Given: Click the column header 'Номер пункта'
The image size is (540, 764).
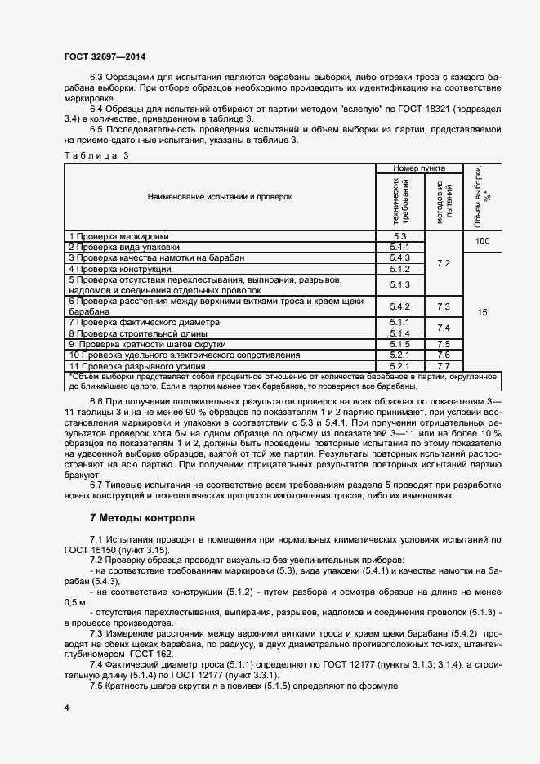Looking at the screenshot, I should [x=419, y=168].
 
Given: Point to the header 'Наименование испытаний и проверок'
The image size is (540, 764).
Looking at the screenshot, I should [x=220, y=197].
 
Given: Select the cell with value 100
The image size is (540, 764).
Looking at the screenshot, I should [x=482, y=242].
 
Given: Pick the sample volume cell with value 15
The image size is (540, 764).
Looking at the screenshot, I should [x=482, y=312].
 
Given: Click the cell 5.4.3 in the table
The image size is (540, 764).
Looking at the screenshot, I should [x=399, y=257].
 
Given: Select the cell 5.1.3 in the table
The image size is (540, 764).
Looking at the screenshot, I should [x=399, y=284].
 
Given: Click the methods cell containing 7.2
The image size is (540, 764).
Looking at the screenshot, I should [x=444, y=263].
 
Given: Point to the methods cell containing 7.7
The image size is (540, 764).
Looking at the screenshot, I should [x=444, y=366].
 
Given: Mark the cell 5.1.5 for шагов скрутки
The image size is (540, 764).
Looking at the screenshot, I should [x=399, y=345].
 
